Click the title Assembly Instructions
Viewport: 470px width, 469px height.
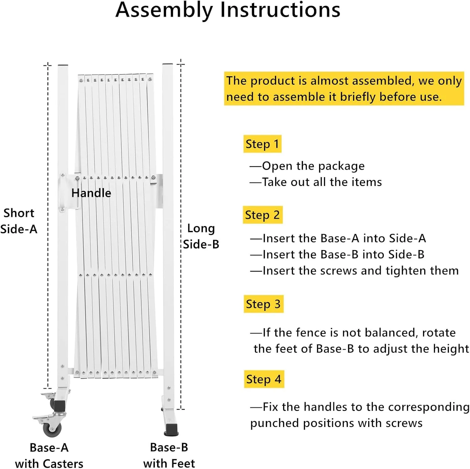(228, 10)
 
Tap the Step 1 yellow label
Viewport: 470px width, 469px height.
(262, 144)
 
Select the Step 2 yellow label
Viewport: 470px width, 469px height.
(262, 215)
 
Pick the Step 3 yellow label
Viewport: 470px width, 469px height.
(263, 304)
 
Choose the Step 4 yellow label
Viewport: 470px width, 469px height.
(264, 379)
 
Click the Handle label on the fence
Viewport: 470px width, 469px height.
(91, 193)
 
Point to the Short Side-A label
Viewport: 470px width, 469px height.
(19, 221)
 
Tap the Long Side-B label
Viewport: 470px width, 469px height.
(201, 236)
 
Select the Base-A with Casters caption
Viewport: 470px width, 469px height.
(49, 456)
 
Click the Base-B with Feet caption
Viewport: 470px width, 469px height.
(169, 455)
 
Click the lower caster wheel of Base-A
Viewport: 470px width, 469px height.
(52, 429)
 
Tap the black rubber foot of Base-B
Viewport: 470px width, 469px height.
(171, 429)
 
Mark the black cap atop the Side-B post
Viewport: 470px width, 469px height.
(168, 64)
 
